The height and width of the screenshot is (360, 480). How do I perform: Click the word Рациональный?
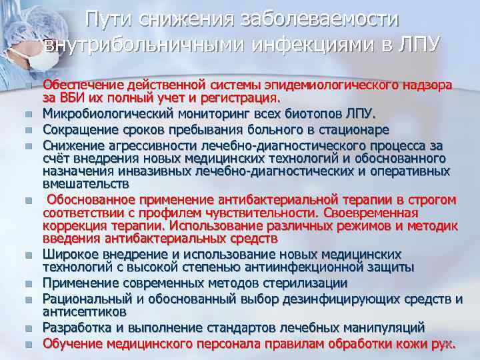click(x=87, y=299)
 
